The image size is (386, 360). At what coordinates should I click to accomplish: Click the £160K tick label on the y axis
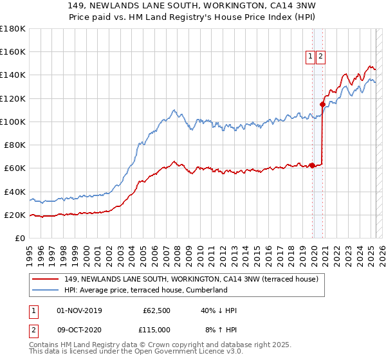14,51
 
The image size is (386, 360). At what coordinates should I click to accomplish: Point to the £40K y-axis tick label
15,192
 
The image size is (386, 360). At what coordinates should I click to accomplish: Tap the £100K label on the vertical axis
14,122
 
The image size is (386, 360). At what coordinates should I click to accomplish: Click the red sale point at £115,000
322,104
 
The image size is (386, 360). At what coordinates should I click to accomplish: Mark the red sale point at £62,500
312,165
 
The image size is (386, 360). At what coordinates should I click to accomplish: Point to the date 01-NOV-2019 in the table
79,310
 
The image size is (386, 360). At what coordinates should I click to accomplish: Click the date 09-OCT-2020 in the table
79,330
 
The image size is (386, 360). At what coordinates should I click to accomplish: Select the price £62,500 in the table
156,310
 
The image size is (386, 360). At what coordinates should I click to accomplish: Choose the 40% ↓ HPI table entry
219,310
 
